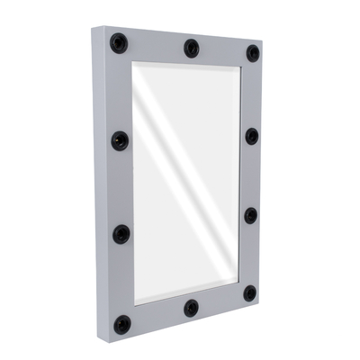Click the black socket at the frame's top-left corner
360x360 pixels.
(119, 43)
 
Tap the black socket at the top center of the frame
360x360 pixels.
(192, 48)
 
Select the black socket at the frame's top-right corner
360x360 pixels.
(253, 53)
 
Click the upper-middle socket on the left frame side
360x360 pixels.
(120, 140)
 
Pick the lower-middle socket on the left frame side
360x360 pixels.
(121, 234)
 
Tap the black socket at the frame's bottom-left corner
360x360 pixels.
(121, 323)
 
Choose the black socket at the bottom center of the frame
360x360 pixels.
(191, 309)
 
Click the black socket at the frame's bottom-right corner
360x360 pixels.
(249, 293)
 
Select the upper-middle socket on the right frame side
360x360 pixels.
(252, 136)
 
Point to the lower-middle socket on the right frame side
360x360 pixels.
(251, 216)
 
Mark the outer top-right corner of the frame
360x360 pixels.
(262, 42)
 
